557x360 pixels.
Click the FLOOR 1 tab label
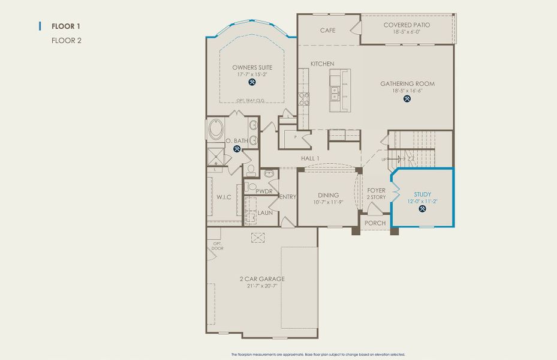[66, 26]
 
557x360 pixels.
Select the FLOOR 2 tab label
[66, 40]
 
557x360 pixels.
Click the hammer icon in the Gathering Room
[407, 98]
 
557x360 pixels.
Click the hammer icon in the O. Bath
[237, 149]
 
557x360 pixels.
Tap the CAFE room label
[327, 30]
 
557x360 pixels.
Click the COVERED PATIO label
[407, 25]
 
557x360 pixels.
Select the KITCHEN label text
[322, 64]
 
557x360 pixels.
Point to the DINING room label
[328, 195]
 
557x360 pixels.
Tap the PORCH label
[375, 223]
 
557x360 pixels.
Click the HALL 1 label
[310, 158]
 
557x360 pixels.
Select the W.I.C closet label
[224, 197]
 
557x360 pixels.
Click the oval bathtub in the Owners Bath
[215, 130]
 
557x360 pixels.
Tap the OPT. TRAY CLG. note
[250, 101]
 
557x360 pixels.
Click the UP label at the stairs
[385, 160]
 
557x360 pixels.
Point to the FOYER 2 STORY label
[376, 194]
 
